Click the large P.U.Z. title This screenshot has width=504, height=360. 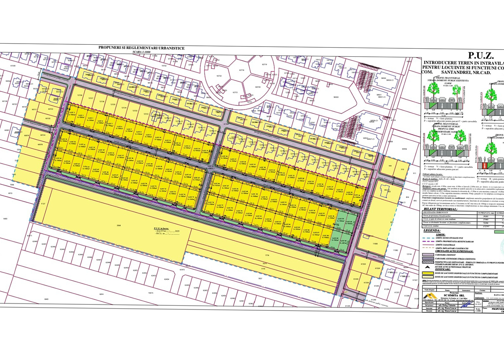(481, 56)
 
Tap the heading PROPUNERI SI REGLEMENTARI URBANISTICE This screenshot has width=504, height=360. (141, 48)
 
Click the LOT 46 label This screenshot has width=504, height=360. (217, 184)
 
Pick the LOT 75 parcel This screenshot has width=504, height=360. (191, 198)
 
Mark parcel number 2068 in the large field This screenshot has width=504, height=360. (118, 225)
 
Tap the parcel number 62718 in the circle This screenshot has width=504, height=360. (241, 70)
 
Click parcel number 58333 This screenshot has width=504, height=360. (336, 97)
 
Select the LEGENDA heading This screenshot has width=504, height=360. (432, 230)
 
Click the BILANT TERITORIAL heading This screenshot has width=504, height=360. (440, 209)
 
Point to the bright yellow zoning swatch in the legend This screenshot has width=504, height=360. (428, 273)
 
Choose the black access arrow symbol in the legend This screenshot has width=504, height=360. (427, 267)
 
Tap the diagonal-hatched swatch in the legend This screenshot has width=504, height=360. (428, 262)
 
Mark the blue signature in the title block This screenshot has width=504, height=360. (465, 304)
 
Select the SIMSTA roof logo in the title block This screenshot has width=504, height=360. (430, 296)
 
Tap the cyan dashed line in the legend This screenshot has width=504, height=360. (428, 238)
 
